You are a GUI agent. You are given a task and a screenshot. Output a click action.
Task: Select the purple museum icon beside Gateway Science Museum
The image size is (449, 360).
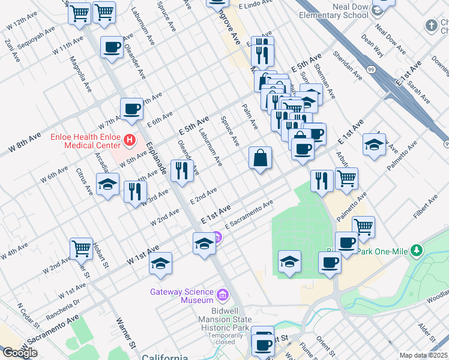223,295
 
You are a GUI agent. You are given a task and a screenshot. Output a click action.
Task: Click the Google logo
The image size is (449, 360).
20,353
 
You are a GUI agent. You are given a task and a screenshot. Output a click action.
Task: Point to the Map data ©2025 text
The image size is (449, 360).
424,355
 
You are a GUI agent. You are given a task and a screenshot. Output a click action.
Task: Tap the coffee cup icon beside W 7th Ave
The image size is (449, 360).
131,109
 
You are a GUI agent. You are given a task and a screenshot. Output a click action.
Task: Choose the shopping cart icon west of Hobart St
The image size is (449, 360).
80,247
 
